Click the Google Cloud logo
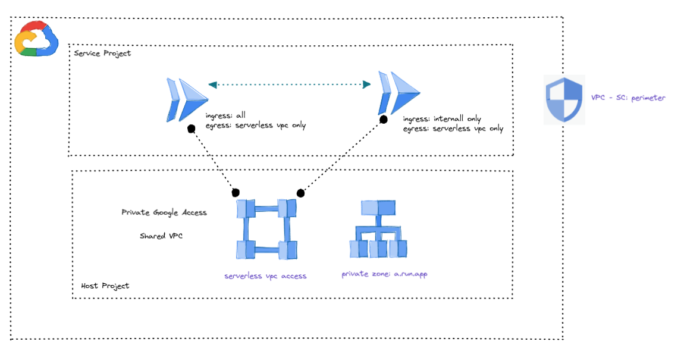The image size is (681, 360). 36,39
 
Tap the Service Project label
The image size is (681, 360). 102,54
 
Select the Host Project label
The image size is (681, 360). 105,286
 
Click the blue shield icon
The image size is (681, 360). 564,100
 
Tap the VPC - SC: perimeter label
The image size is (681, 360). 628,98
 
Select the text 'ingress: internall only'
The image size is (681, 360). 442,119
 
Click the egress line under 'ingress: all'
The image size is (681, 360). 256,126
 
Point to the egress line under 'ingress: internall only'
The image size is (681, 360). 453,129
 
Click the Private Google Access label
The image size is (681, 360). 164,212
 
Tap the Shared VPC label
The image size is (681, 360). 161,236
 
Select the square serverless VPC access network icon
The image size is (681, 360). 266,229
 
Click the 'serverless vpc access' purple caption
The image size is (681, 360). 265,276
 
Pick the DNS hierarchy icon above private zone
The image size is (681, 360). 378,228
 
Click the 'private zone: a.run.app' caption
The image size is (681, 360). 384,274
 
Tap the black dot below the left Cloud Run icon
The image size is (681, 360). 191,129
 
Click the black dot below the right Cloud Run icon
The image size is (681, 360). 384,120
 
